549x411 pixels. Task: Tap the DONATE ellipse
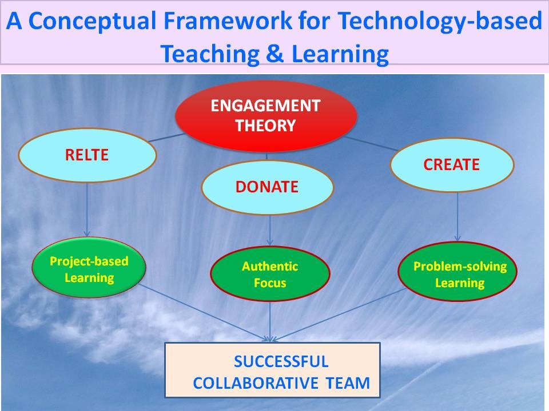(267, 187)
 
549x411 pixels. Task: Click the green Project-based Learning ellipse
(89, 269)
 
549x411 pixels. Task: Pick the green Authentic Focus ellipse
(270, 274)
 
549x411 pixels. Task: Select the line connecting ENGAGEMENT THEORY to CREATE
(372, 143)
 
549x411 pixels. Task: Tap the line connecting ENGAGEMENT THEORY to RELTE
(166, 138)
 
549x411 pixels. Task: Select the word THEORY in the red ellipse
(265, 126)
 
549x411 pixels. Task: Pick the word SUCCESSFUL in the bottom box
(281, 361)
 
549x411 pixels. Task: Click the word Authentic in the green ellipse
(270, 266)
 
